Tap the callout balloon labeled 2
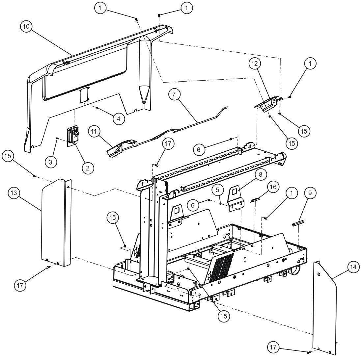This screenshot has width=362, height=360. (88, 168)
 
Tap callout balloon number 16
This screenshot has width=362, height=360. (272, 186)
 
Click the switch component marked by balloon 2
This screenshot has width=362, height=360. (73, 135)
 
